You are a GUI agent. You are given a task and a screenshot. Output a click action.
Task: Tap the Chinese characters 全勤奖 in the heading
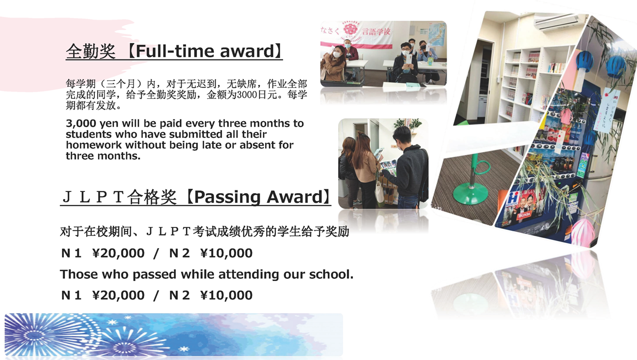click(91, 52)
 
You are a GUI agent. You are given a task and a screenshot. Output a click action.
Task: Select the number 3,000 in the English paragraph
click(81, 123)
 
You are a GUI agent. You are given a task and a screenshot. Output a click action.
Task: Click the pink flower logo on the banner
click(349, 29)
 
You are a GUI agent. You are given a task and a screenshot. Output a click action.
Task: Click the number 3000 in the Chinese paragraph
click(248, 95)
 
